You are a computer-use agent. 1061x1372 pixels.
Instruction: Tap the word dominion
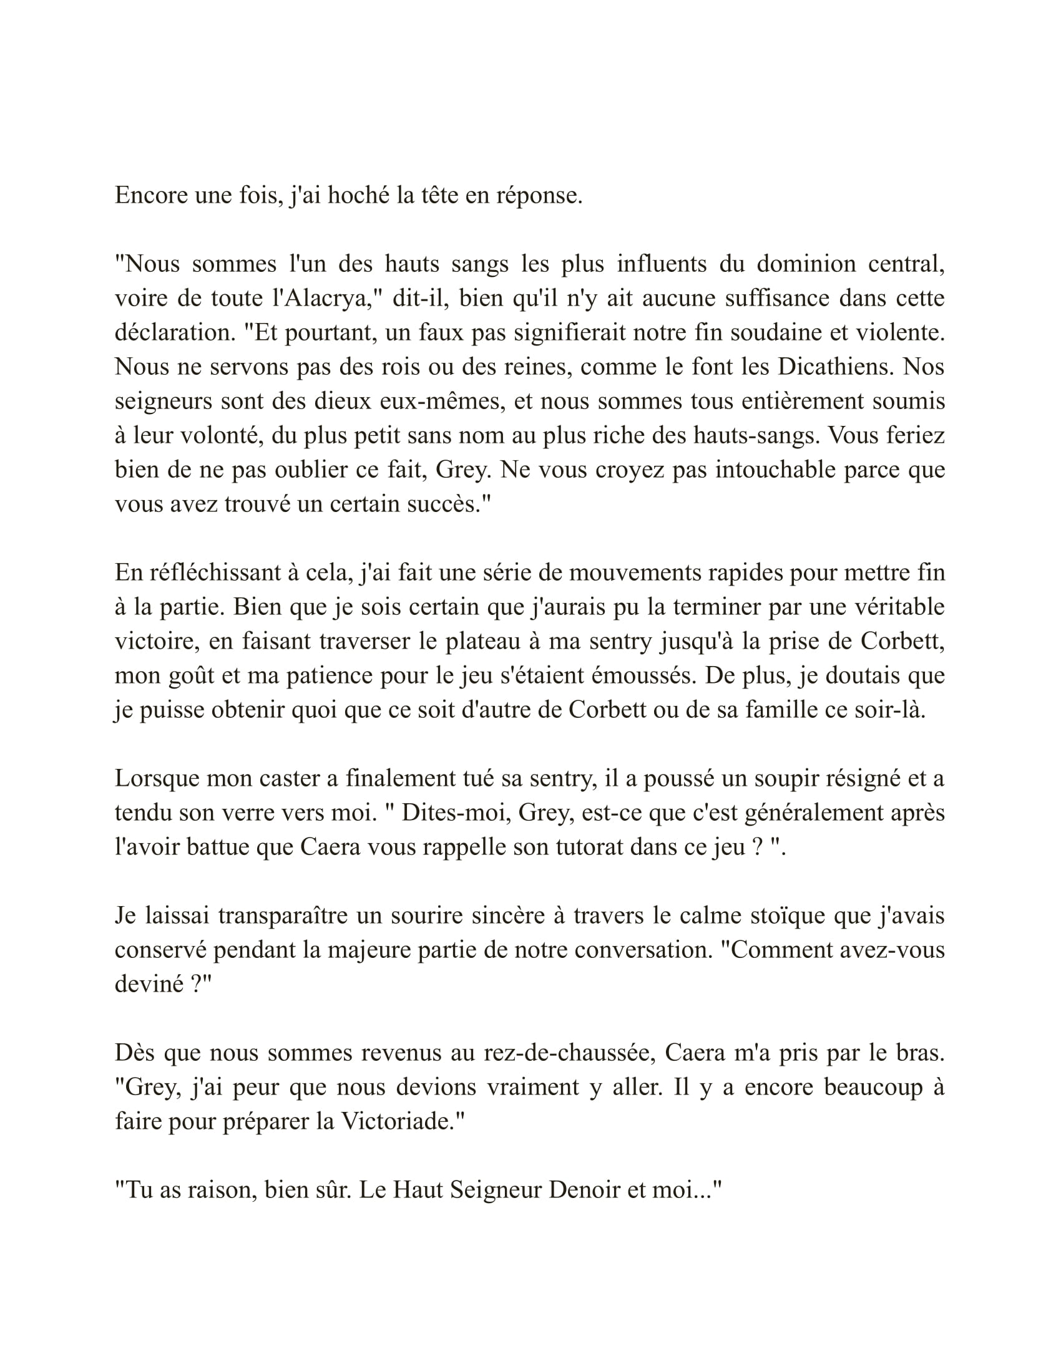[805, 264]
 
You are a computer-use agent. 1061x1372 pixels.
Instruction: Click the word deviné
[149, 984]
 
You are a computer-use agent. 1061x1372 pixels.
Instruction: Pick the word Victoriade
[403, 1122]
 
